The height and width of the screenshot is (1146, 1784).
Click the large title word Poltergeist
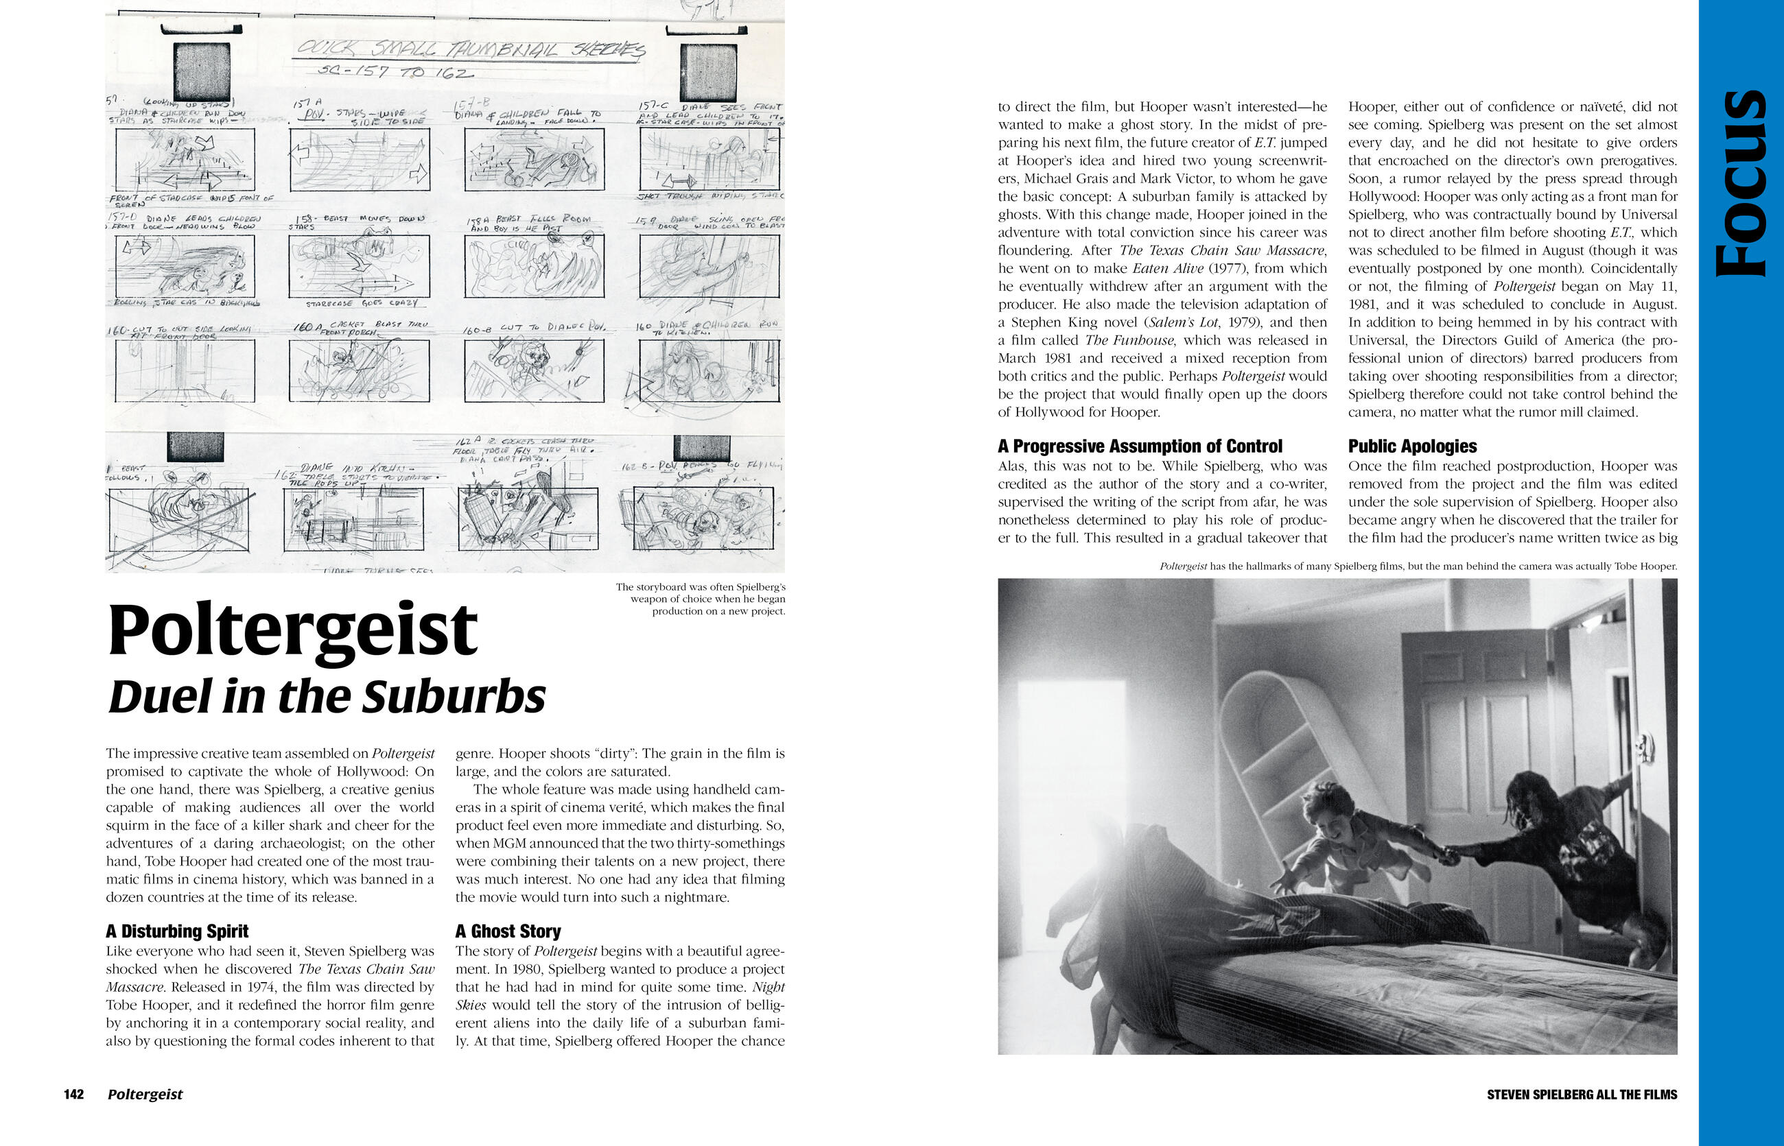click(x=292, y=630)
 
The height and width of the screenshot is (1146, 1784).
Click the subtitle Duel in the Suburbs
click(x=327, y=697)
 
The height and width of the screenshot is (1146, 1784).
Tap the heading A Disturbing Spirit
click(x=177, y=931)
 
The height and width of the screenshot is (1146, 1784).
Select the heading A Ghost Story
click(x=508, y=931)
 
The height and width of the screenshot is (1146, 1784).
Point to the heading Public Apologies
click(x=1413, y=446)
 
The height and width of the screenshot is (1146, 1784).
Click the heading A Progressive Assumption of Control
click(x=1140, y=446)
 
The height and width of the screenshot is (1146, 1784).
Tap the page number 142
click(x=73, y=1094)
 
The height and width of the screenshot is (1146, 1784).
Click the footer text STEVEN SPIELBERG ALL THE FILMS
click(x=1582, y=1095)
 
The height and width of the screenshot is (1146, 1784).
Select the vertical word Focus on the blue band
click(x=1741, y=184)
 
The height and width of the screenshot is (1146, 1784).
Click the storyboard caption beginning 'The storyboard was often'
click(x=700, y=599)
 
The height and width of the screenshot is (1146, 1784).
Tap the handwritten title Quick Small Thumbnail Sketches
click(x=471, y=49)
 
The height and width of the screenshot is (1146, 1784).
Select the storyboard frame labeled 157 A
click(x=360, y=159)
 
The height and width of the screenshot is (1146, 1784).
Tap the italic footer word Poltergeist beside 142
click(x=145, y=1094)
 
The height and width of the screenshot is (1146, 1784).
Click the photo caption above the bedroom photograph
click(x=1418, y=566)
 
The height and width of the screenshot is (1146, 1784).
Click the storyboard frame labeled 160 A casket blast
click(x=360, y=370)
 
